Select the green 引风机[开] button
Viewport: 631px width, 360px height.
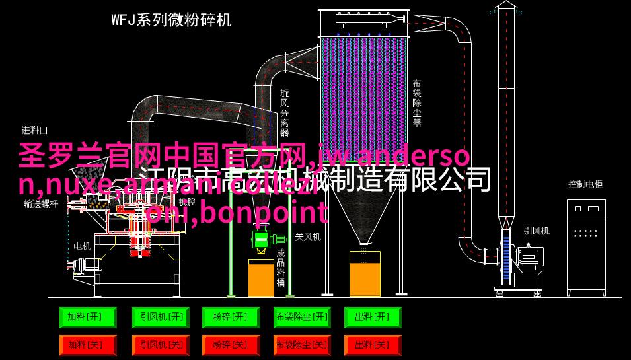pyautogui.click(x=159, y=318)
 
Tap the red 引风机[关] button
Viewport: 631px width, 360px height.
pyautogui.click(x=159, y=344)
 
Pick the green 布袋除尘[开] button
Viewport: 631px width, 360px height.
pyautogui.click(x=301, y=318)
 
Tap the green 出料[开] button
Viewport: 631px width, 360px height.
pyautogui.click(x=372, y=318)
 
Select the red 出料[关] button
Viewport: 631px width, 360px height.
pyautogui.click(x=372, y=344)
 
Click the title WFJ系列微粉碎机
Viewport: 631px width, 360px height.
pyautogui.click(x=171, y=20)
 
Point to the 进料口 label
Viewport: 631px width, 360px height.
pyautogui.click(x=34, y=130)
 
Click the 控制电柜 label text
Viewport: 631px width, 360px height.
pyautogui.click(x=585, y=184)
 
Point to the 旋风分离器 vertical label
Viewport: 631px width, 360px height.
pyautogui.click(x=285, y=112)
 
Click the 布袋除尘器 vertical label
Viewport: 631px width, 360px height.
pyautogui.click(x=417, y=103)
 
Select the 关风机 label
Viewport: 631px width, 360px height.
pyautogui.click(x=307, y=236)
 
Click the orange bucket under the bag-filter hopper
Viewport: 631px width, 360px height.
pyautogui.click(x=364, y=273)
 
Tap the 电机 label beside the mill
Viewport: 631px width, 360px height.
pyautogui.click(x=82, y=246)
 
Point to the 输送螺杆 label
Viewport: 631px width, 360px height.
pyautogui.click(x=41, y=204)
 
